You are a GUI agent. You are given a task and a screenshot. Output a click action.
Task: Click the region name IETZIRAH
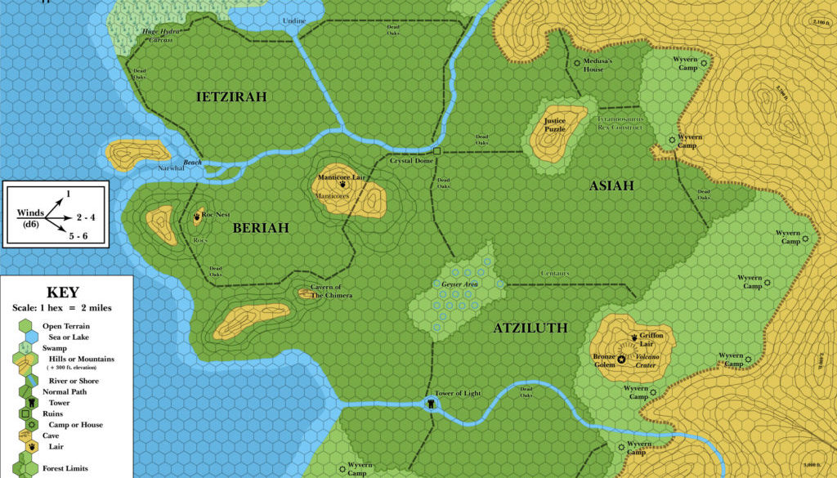pos(231,97)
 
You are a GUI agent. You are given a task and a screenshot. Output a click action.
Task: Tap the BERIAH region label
pos(260,228)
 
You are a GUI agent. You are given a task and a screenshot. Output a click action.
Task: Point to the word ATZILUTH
pos(530,328)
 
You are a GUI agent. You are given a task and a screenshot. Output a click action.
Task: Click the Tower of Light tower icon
pos(431,404)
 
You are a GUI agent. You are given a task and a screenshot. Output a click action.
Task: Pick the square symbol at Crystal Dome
pos(437,151)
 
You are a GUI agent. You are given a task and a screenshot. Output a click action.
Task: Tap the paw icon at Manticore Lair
pos(341,185)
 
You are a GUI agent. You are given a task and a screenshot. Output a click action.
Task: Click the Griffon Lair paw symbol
pos(634,337)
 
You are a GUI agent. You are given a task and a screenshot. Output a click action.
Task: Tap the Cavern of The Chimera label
pos(330,291)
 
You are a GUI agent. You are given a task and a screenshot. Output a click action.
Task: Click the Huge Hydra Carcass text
pos(161,35)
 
